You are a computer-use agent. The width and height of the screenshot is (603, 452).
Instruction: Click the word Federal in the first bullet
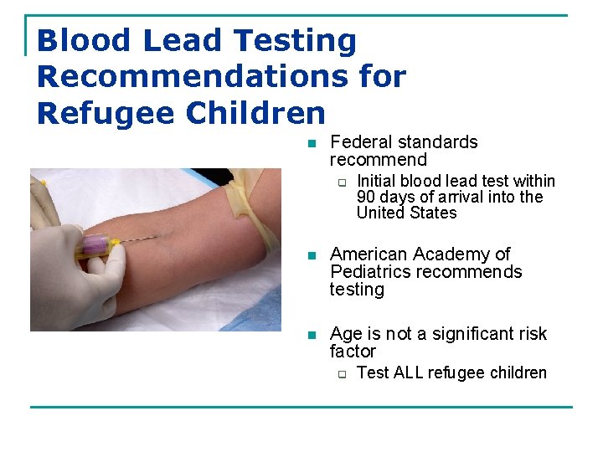point(361,142)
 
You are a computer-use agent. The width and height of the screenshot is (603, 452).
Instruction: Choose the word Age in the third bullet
point(345,334)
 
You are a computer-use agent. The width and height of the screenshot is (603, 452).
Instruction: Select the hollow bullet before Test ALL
point(342,373)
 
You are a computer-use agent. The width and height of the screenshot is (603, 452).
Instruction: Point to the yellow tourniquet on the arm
point(255,209)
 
